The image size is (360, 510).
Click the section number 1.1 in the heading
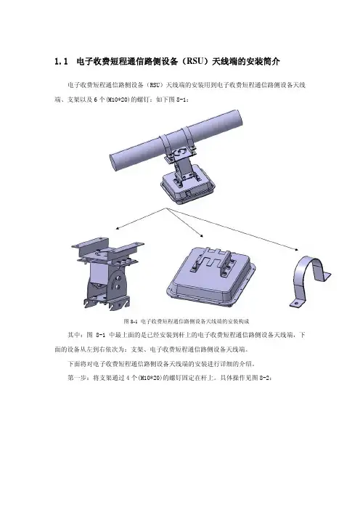tap(62, 62)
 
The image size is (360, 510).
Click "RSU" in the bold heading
tap(195, 62)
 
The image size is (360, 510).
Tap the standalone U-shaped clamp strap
tap(310, 280)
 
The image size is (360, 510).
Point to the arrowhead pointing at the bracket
tap(118, 228)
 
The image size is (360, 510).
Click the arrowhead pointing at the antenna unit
tap(201, 235)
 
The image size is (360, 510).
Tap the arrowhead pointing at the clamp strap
tap(296, 249)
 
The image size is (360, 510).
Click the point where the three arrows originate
tap(167, 209)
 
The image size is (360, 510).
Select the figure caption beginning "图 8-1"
tap(187, 321)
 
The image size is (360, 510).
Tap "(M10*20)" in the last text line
tap(150, 379)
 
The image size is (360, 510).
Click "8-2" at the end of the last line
tap(263, 379)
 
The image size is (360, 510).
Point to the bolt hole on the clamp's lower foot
tap(296, 303)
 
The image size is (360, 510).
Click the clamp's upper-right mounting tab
tap(325, 276)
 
